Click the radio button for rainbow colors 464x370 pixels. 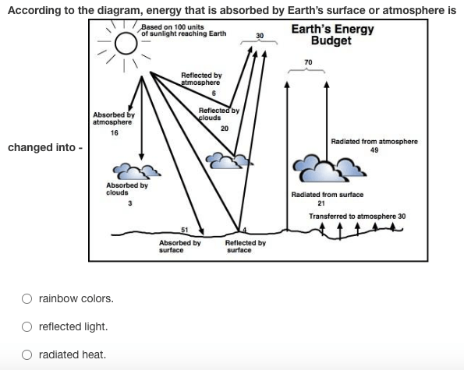click(x=27, y=298)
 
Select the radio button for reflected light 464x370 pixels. click(x=27, y=326)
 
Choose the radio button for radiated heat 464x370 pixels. click(x=27, y=354)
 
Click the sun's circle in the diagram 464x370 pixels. click(x=126, y=43)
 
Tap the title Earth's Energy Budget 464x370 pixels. click(x=332, y=35)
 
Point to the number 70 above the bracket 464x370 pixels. click(x=308, y=62)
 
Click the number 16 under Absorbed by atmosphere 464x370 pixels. click(x=114, y=133)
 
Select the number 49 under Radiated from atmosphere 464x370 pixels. click(x=374, y=150)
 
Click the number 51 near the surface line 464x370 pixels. click(x=184, y=230)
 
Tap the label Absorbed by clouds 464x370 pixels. click(x=127, y=189)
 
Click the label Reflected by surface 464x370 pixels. click(x=246, y=246)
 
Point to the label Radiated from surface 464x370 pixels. click(x=328, y=195)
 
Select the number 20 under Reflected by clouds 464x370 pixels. click(x=225, y=129)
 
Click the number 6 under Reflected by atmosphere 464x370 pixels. click(x=214, y=93)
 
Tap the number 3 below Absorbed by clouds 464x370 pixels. click(x=130, y=203)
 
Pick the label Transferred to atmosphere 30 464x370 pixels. click(x=357, y=217)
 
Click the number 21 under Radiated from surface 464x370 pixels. click(x=321, y=203)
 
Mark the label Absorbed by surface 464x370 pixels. click(x=180, y=246)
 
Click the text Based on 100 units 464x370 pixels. click(x=172, y=27)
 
